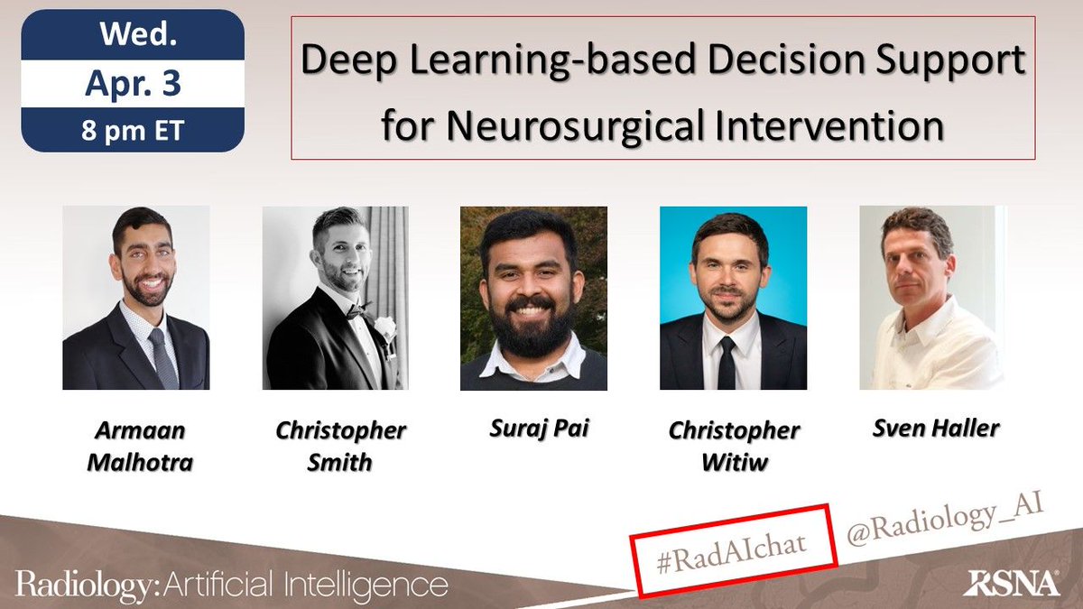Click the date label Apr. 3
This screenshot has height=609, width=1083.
134,84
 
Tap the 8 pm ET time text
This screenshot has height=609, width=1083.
134,130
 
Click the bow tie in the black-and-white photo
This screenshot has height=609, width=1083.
359,311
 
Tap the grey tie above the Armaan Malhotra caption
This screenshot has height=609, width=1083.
163,356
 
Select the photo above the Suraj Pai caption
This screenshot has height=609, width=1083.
533,298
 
